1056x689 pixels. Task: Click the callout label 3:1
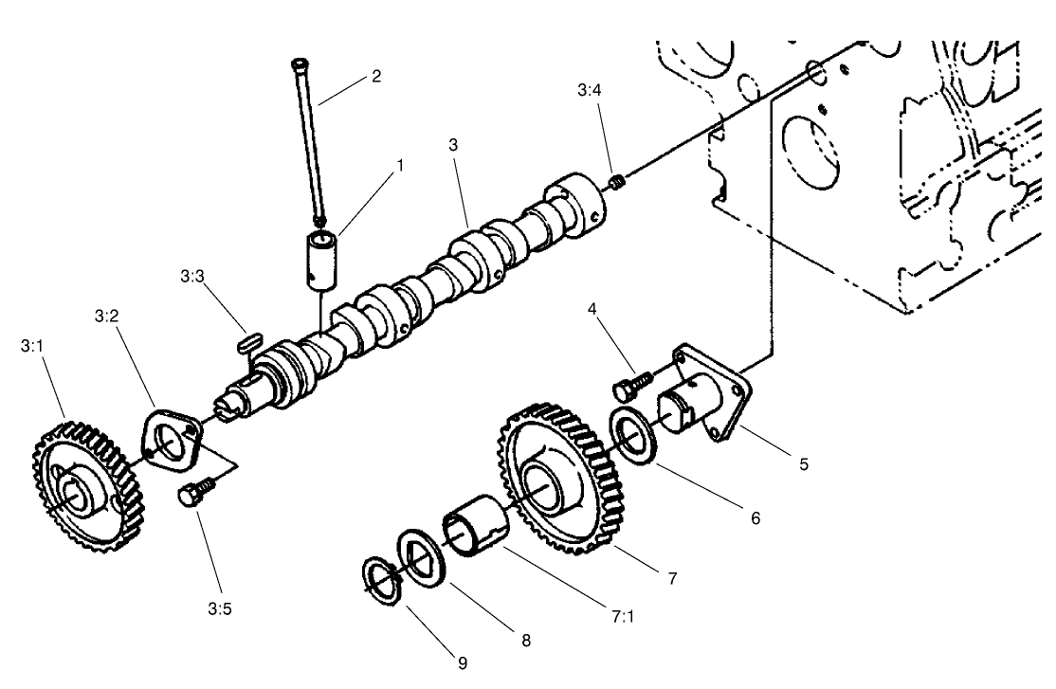click(x=31, y=347)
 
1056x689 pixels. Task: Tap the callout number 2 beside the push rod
click(x=376, y=76)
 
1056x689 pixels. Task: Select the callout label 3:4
click(x=588, y=91)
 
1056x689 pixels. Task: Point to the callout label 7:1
click(x=623, y=616)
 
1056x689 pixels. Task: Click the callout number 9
click(x=464, y=662)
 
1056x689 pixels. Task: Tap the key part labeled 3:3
click(x=250, y=338)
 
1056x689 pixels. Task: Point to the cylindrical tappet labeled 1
click(x=319, y=256)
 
